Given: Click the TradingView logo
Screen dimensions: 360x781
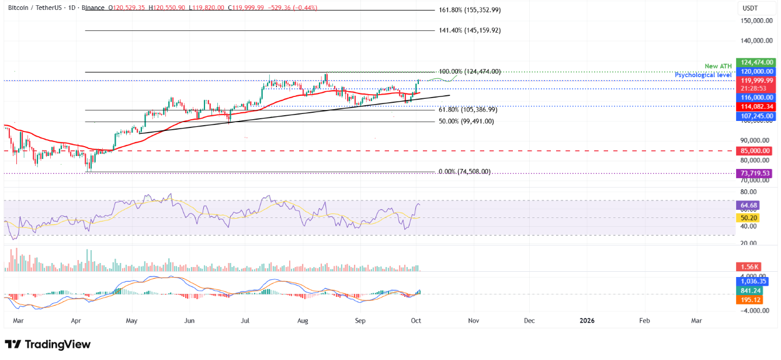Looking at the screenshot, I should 48,344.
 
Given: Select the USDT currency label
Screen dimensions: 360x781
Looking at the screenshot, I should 751,8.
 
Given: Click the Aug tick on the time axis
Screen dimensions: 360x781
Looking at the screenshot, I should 303,321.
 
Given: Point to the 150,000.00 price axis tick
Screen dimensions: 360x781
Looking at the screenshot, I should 754,20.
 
